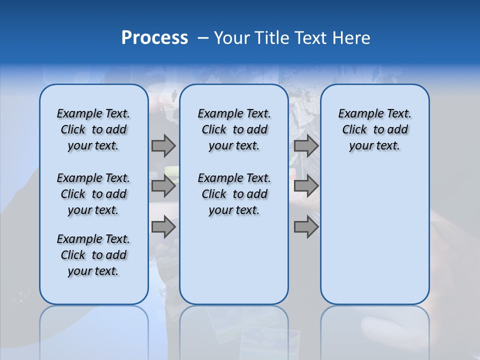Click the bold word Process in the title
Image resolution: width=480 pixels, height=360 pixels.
pos(154,38)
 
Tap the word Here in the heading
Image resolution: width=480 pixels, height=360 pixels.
pos(349,38)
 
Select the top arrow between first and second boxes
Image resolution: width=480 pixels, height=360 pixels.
pos(163,145)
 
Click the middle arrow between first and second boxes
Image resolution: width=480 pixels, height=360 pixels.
pos(163,186)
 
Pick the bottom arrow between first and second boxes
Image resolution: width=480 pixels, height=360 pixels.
pos(163,227)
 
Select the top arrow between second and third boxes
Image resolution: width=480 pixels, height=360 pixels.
pos(306,145)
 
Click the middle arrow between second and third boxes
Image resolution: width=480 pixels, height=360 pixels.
pos(306,186)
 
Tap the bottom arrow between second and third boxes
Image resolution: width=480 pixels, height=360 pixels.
pos(306,227)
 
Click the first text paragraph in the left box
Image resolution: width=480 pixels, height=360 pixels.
pos(93,129)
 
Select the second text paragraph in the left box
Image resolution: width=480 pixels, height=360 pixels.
pos(93,194)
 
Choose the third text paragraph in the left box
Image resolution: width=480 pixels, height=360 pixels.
pos(93,255)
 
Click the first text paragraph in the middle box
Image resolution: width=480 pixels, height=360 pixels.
pos(234,129)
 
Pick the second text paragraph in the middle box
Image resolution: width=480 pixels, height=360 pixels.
pos(234,194)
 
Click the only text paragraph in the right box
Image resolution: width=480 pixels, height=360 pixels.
pos(375,129)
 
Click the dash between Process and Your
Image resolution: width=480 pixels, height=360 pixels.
pos(203,38)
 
